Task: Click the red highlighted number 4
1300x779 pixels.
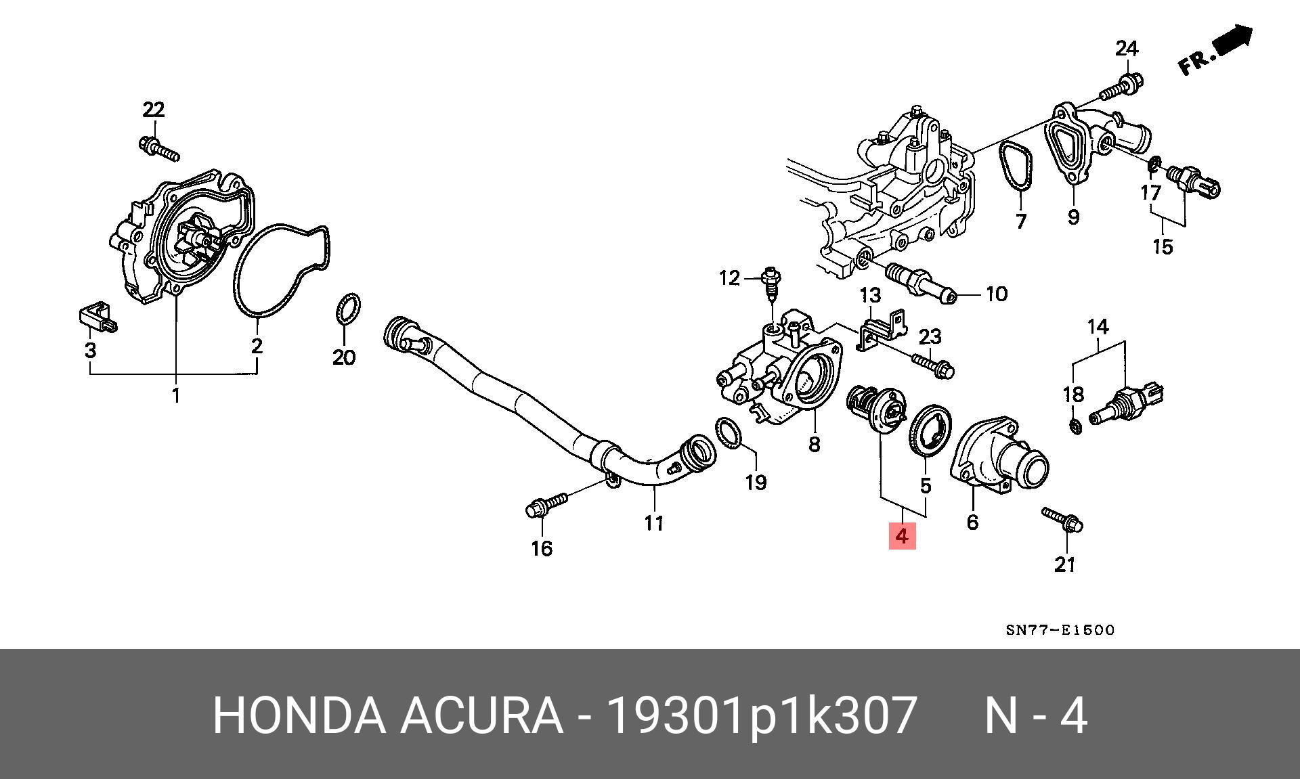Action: click(x=902, y=536)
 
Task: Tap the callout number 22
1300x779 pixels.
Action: click(x=154, y=109)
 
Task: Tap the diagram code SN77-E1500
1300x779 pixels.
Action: click(x=1060, y=630)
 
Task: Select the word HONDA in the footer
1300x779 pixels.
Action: click(x=297, y=715)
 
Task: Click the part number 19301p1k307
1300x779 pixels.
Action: click(x=762, y=715)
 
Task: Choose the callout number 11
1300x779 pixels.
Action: click(x=653, y=522)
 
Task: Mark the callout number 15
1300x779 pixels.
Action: click(x=1162, y=246)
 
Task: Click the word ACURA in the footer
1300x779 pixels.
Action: click(x=481, y=715)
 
